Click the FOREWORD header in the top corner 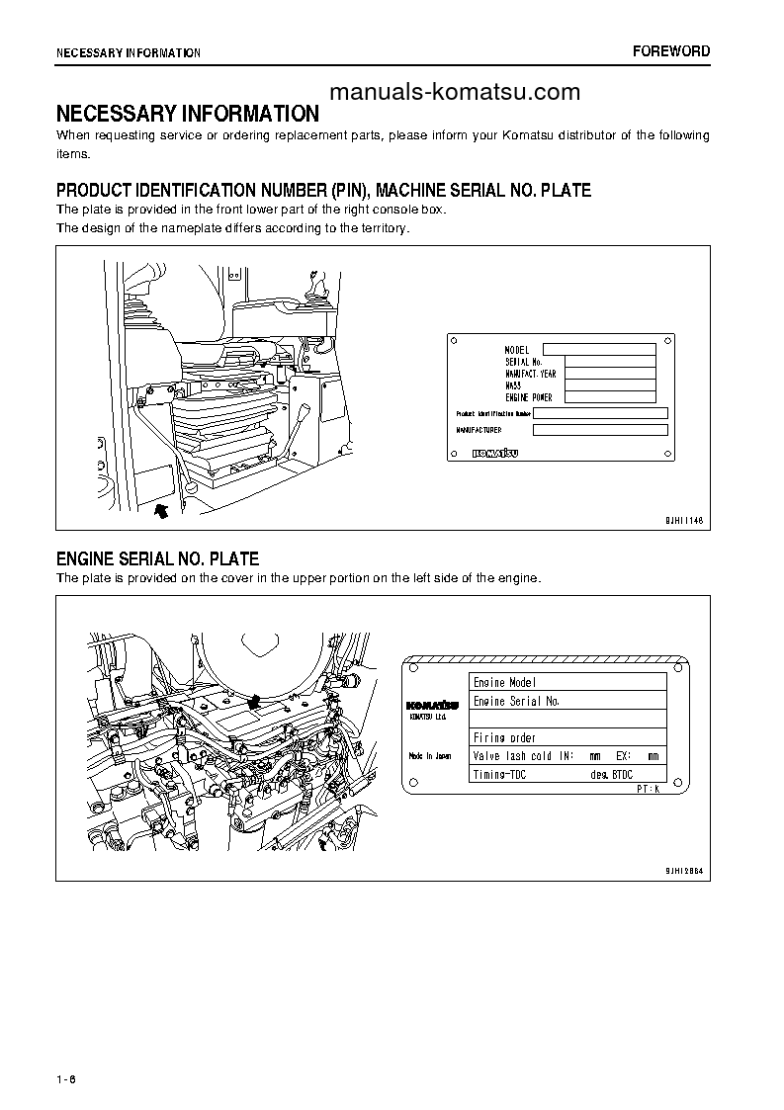671,51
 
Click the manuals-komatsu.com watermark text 454,93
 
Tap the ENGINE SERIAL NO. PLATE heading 157,559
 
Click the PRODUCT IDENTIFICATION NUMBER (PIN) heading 323,191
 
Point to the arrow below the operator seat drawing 162,509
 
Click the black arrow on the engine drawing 254,702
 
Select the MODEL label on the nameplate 517,350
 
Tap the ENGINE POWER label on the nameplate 529,397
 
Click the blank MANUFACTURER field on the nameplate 600,430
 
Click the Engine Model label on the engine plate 504,682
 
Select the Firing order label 504,737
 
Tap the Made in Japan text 429,755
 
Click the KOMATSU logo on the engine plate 431,705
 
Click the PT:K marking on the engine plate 647,792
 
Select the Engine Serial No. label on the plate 516,701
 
